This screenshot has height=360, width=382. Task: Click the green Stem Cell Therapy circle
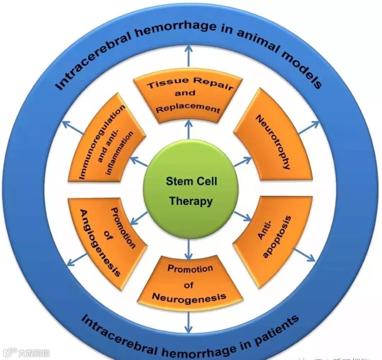coord(191,191)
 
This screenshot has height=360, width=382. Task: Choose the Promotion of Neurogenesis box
coord(190,283)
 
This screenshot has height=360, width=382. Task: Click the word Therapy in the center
coord(191,201)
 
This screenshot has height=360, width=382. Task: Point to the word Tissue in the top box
coord(163,85)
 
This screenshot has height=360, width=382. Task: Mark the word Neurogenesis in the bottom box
coord(189,297)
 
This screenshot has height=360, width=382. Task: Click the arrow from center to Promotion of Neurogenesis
coord(189,250)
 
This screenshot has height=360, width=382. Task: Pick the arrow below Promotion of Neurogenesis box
coord(189,322)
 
